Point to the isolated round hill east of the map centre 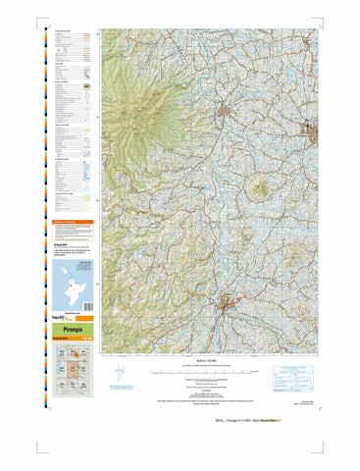[261, 186]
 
